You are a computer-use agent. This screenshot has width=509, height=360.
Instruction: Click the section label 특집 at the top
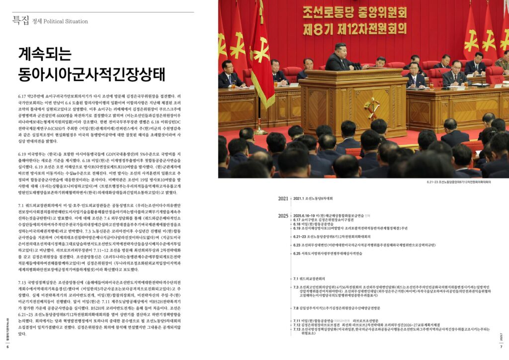click(x=21, y=20)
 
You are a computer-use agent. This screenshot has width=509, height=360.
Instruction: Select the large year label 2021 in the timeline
click(x=283, y=199)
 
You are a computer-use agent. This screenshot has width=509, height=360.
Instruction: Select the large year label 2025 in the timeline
click(x=283, y=216)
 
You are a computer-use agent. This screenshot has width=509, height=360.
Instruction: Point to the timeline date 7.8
click(x=296, y=308)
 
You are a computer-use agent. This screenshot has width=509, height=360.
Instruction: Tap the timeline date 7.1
click(x=296, y=278)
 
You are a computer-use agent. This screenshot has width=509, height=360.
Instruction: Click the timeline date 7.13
click(x=298, y=331)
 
